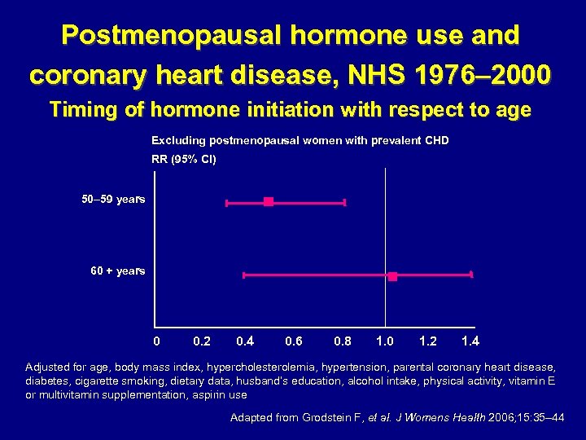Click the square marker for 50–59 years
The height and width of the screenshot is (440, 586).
pyautogui.click(x=269, y=201)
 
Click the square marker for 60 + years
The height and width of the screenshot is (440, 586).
pyautogui.click(x=392, y=276)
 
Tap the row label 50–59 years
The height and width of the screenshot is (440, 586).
pyautogui.click(x=113, y=199)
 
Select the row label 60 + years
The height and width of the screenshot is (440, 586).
pyautogui.click(x=117, y=271)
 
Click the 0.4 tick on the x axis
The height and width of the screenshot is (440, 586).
pyautogui.click(x=244, y=341)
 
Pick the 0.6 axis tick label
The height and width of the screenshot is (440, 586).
pyautogui.click(x=294, y=341)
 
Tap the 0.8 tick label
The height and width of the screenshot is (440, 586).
pyautogui.click(x=343, y=341)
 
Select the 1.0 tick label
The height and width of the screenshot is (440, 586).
pyautogui.click(x=385, y=341)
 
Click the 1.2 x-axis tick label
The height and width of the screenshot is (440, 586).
pyautogui.click(x=427, y=341)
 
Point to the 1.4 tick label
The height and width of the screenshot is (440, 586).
pyautogui.click(x=470, y=341)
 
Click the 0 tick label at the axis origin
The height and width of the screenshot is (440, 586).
pyautogui.click(x=158, y=341)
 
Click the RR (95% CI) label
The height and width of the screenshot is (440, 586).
pyautogui.click(x=184, y=159)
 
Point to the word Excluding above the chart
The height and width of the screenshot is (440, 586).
pyautogui.click(x=179, y=140)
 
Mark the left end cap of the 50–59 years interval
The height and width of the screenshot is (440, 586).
pyautogui.click(x=227, y=201)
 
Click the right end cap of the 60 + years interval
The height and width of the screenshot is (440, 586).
pyautogui.click(x=471, y=275)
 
